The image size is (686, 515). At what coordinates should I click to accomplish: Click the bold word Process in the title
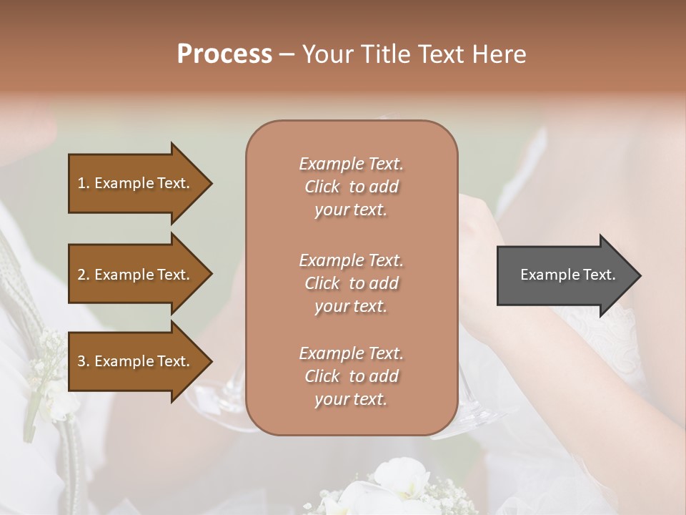[x=224, y=54]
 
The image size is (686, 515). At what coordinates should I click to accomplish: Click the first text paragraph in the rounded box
[x=351, y=187]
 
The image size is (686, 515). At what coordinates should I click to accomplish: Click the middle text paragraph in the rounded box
[x=351, y=283]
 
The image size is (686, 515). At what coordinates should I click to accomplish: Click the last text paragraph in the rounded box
[x=351, y=376]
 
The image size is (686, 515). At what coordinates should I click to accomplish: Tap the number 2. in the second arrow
[x=84, y=275]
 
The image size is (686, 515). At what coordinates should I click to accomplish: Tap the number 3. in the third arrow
[x=84, y=361]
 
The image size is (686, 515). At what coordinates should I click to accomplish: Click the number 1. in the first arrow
[x=83, y=183]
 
